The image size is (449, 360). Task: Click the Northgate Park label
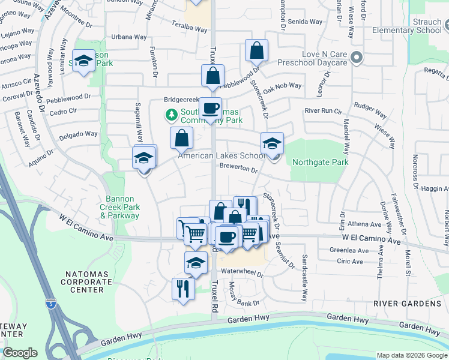pos(320,162)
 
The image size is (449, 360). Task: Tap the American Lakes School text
pos(221,156)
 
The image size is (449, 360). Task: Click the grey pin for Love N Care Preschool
pos(357,58)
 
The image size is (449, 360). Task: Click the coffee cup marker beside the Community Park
pos(210,109)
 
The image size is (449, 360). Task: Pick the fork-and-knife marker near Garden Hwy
pos(182,289)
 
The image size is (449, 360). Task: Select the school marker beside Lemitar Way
pos(83,61)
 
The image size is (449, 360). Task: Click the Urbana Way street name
pos(129,37)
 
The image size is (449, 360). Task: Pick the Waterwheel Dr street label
pos(243,272)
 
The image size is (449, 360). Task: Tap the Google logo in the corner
pos(20,353)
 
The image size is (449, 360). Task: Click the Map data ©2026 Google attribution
pos(411,355)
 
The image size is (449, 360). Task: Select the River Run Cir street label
pos(323,111)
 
